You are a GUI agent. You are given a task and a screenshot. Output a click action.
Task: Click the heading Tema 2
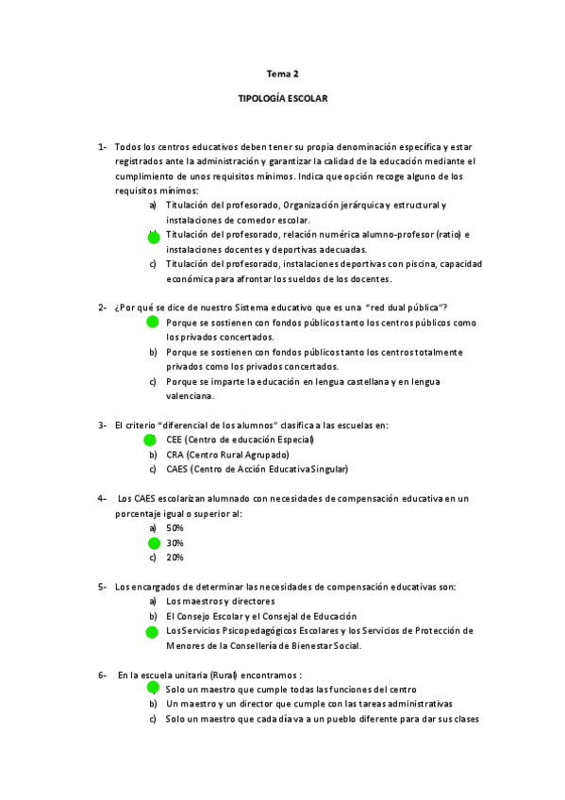(x=282, y=73)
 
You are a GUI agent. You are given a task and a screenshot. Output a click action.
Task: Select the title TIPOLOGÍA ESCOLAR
(x=282, y=97)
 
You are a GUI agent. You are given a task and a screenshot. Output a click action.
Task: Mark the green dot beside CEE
(x=150, y=440)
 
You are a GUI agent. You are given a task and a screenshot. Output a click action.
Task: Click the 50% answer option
(x=174, y=528)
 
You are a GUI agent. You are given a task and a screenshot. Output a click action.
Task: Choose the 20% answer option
(x=174, y=558)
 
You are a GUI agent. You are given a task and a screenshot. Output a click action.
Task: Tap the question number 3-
(x=102, y=425)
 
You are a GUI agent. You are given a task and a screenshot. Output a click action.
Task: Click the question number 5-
(x=102, y=587)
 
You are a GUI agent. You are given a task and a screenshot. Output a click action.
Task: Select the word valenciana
(x=190, y=396)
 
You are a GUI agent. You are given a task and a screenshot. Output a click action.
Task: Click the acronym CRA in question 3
(x=174, y=455)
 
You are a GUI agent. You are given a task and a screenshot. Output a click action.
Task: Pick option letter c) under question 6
(x=153, y=719)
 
